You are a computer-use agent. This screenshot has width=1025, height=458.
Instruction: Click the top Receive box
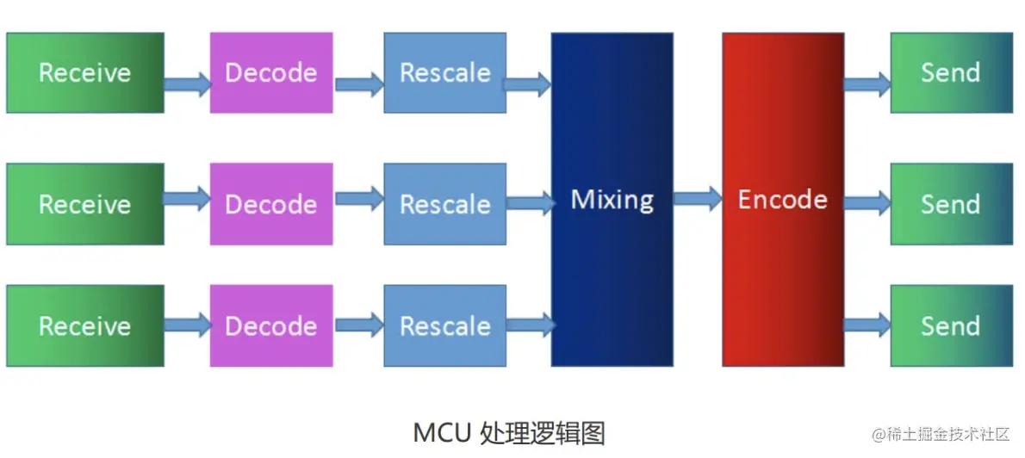[x=84, y=72]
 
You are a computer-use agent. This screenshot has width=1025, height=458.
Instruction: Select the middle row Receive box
[x=84, y=204]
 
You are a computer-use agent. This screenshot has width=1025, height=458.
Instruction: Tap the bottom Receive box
[x=84, y=325]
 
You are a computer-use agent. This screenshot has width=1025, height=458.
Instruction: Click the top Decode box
[x=270, y=72]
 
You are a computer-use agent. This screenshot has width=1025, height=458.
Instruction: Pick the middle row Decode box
[x=270, y=204]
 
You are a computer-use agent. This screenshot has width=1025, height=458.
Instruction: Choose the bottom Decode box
[x=270, y=325]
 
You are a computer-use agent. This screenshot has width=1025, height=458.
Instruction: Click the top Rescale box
[x=444, y=72]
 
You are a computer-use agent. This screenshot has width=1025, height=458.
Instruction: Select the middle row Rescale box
[x=444, y=204]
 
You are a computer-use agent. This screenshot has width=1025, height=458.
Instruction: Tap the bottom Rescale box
[x=444, y=325]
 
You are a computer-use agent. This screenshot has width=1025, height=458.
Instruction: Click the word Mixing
[x=612, y=200]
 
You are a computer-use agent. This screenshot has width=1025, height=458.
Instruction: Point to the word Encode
[x=782, y=200]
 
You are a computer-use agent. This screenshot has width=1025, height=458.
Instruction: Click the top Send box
[x=950, y=72]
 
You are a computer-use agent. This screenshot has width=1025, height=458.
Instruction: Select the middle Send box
[x=950, y=204]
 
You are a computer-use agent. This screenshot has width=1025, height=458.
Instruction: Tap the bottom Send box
[x=950, y=325]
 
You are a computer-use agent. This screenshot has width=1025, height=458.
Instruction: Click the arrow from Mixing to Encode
[x=697, y=200]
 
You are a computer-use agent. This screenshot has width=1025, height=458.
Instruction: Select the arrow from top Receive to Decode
[x=187, y=84]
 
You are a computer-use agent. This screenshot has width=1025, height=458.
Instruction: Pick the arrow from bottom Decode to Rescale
[x=358, y=325]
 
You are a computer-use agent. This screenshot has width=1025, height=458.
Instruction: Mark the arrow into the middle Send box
[x=867, y=204]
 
